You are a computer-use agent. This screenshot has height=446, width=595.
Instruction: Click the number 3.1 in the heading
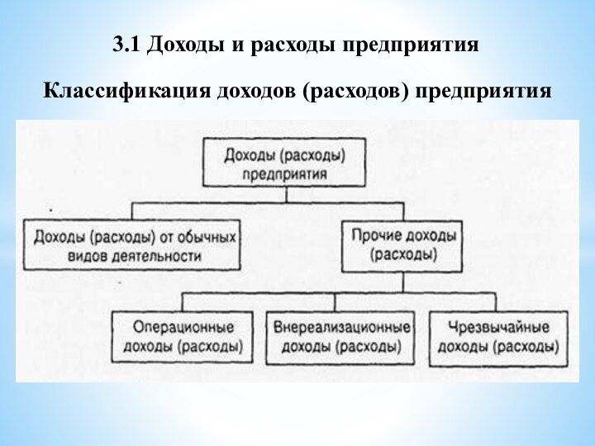point(126,45)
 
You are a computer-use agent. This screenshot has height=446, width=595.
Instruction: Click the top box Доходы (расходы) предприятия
point(285,163)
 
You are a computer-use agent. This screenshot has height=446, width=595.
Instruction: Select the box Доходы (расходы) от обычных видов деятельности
point(133,245)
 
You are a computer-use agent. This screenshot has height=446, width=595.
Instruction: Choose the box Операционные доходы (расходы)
point(183,337)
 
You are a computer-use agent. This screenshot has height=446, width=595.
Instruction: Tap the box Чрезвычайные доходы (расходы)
point(498,337)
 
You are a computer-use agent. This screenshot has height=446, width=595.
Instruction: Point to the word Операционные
point(183,327)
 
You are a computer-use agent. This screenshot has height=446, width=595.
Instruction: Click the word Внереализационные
point(340,327)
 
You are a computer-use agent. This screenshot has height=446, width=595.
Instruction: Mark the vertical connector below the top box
point(286,195)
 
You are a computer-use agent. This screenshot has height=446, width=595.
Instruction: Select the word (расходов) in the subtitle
point(356,89)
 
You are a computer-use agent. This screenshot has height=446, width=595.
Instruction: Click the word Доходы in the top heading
point(186,45)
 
